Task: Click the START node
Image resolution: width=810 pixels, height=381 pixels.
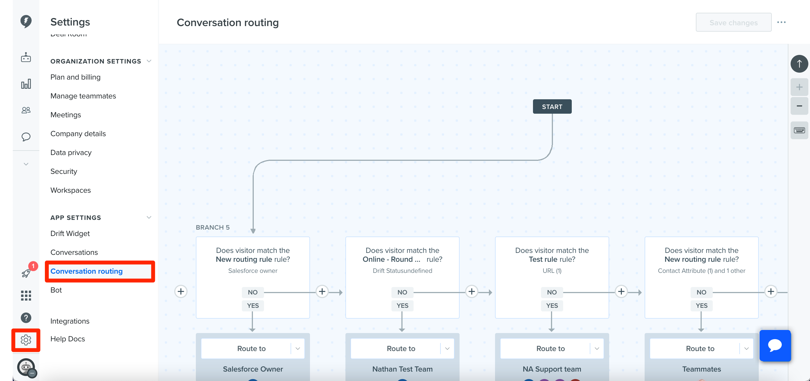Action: click(x=552, y=107)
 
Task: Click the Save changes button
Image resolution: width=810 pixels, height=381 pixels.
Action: click(x=733, y=23)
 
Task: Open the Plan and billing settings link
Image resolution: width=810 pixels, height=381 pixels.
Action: click(x=75, y=77)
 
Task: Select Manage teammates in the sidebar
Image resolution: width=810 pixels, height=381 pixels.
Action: click(x=83, y=96)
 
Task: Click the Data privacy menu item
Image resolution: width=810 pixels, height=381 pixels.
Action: click(x=71, y=153)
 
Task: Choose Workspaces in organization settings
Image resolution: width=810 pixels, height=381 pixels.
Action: click(x=70, y=190)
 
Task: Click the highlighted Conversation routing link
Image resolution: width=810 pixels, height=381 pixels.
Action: click(x=86, y=271)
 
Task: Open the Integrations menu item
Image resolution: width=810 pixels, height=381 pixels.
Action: click(x=70, y=321)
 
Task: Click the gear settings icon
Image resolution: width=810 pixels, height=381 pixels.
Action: click(x=26, y=340)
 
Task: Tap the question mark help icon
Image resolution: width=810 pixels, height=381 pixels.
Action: click(x=26, y=318)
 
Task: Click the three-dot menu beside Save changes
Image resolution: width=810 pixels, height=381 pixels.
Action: click(x=781, y=22)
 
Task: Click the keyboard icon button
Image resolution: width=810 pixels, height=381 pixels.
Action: click(x=799, y=130)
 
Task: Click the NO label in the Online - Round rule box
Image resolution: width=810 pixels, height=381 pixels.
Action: click(x=402, y=293)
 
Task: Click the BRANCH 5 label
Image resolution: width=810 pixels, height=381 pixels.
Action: click(x=212, y=227)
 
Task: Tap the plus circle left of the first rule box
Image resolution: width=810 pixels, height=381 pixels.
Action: click(x=181, y=292)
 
